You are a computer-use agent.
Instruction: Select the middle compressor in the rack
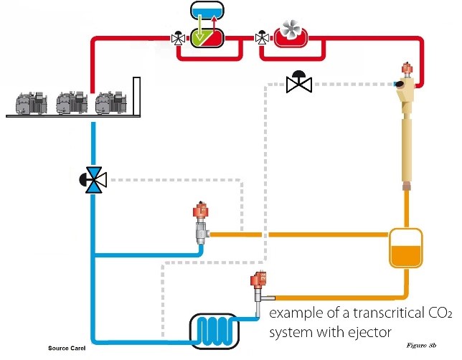pyautogui.click(x=70, y=102)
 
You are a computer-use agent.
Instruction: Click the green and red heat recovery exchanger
pyautogui.click(x=207, y=36)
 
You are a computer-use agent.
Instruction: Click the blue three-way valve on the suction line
pyautogui.click(x=93, y=178)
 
